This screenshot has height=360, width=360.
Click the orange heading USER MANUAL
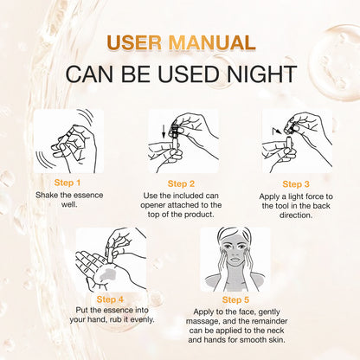(x=181, y=43)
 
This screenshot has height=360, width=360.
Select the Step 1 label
(x=67, y=183)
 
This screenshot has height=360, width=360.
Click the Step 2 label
(x=181, y=184)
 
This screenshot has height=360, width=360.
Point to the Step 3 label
(x=296, y=184)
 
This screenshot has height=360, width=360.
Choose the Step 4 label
(x=110, y=299)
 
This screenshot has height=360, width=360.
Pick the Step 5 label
(x=235, y=300)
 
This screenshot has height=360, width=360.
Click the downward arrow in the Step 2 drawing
(x=164, y=131)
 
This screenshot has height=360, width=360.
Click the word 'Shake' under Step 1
(x=47, y=196)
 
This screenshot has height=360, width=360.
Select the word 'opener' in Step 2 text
(x=153, y=206)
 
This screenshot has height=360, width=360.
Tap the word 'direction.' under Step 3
(x=296, y=215)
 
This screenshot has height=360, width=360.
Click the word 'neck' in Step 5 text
(x=276, y=331)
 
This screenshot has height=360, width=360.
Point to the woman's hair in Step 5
(x=235, y=233)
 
